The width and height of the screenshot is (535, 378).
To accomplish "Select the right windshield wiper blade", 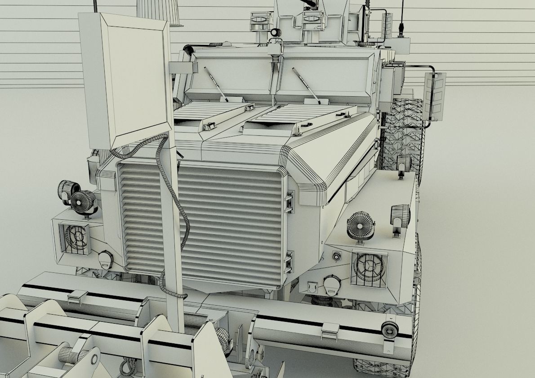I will coord(306,85).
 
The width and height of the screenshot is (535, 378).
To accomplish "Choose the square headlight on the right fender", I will coord(369,267).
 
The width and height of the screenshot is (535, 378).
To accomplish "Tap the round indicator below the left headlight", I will coord(105,259).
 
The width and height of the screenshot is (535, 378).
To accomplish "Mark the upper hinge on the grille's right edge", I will coord(289,202).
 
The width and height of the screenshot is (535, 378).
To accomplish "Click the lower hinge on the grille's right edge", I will coord(289,262).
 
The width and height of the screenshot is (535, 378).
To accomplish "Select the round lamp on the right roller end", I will coord(390,330).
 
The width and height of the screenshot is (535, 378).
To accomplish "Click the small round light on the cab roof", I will coord(276,32).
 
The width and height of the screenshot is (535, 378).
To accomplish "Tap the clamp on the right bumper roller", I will coord(330,331).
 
